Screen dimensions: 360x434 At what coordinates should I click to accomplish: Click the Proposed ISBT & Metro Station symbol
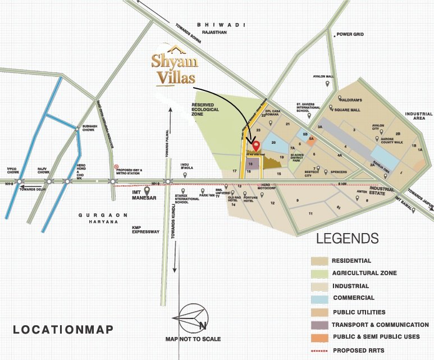[116, 167]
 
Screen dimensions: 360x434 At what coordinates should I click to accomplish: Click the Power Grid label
[351, 34]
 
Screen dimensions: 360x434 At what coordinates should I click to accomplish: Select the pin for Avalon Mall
[328, 84]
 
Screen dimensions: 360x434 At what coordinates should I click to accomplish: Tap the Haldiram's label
[350, 101]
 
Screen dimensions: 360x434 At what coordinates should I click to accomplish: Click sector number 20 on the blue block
[273, 143]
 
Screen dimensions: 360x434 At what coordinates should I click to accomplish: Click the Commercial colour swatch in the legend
[319, 298]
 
